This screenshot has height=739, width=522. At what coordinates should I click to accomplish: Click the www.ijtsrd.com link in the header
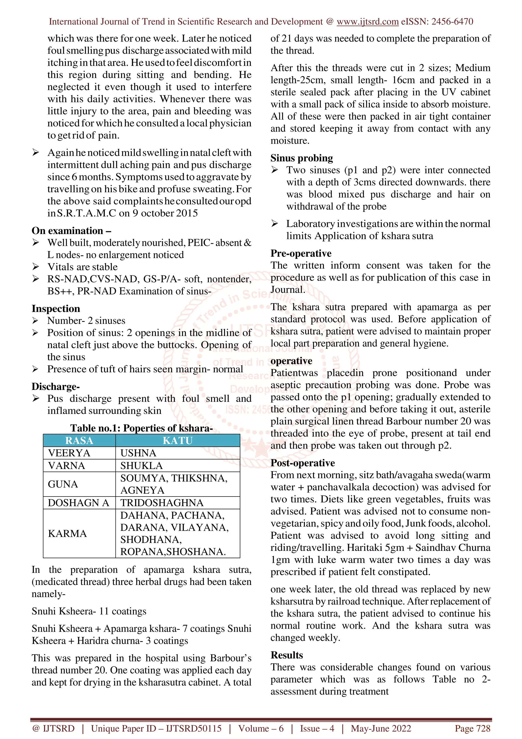pyautogui.click(x=367, y=22)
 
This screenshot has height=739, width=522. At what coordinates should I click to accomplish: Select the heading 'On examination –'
pyautogui.click(x=71, y=231)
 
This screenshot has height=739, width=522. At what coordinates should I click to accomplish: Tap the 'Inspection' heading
pyautogui.click(x=56, y=309)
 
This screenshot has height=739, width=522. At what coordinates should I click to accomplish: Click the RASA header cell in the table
pyautogui.click(x=79, y=440)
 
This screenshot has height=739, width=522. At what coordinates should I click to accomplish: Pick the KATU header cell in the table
pyautogui.click(x=178, y=440)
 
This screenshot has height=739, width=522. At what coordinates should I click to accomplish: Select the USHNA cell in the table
pyautogui.click(x=138, y=453)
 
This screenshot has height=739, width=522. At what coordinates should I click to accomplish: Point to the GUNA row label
pyautogui.click(x=63, y=484)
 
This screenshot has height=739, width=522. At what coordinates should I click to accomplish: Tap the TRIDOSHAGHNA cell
pyautogui.click(x=162, y=503)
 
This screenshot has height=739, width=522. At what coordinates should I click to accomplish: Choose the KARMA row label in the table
pyautogui.click(x=67, y=533)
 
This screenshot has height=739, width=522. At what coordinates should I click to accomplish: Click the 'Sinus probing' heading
pyautogui.click(x=302, y=158)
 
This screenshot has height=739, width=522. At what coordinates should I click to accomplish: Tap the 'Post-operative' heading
pyautogui.click(x=303, y=463)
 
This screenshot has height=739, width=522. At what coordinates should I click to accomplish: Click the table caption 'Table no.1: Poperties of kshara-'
pyautogui.click(x=141, y=428)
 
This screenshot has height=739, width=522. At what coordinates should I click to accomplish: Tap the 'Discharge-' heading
pyautogui.click(x=56, y=387)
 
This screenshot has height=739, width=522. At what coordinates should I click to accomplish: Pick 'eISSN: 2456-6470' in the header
pyautogui.click(x=437, y=22)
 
